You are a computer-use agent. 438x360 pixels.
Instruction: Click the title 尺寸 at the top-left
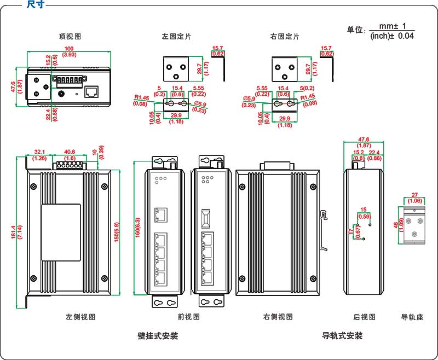(x=36, y=5)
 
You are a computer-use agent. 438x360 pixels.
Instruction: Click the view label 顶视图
(x=70, y=37)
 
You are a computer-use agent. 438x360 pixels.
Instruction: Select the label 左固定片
(x=176, y=37)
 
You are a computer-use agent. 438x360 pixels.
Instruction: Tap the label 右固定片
(x=285, y=37)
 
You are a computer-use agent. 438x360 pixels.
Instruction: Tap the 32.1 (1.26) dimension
(x=39, y=155)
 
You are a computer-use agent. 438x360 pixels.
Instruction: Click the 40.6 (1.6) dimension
(x=70, y=155)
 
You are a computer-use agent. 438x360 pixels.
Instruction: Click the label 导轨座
(x=412, y=317)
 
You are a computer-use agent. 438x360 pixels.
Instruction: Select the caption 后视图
(x=365, y=317)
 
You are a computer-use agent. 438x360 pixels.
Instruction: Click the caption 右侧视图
(x=278, y=317)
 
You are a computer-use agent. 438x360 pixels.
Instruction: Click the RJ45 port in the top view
(x=93, y=92)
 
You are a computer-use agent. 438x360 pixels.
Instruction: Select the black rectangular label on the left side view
(x=61, y=232)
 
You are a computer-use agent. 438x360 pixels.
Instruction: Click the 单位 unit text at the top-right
(x=356, y=31)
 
